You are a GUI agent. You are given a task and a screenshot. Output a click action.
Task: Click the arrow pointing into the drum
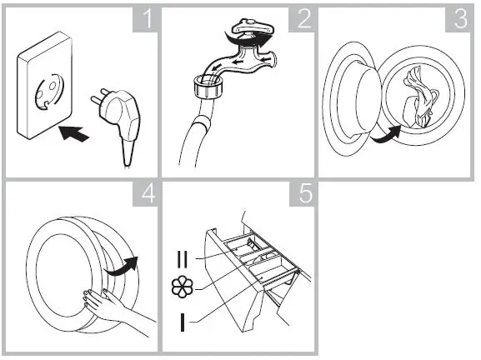tap(385, 133)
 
